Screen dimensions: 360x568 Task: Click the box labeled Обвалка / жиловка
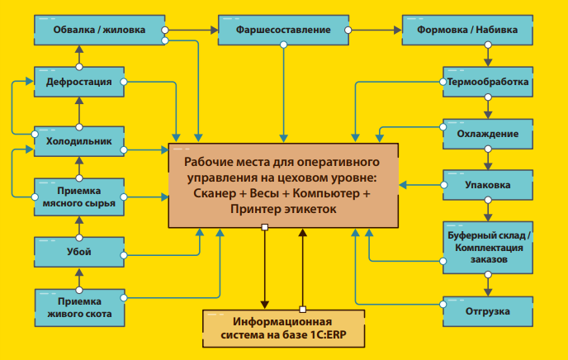pos(100,31)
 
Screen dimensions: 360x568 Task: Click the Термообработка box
pos(486,83)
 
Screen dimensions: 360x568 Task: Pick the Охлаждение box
pos(487,134)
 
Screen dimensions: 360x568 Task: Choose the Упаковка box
pos(487,185)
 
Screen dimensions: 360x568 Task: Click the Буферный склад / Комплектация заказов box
pos(487,248)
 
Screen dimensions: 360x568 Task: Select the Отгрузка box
pos(487,311)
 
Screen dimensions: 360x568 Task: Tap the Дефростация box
pos(79,83)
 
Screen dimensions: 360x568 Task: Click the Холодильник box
pos(79,142)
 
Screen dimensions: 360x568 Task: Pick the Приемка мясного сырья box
pos(79,195)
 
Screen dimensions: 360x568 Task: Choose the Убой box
pos(79,251)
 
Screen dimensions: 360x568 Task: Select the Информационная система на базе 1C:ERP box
pos(282,329)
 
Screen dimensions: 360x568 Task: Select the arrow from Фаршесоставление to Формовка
pos(375,31)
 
